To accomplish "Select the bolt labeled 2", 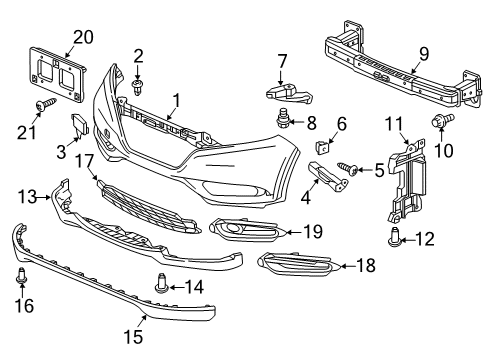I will coord(137,87).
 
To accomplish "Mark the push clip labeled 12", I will coord(392,237).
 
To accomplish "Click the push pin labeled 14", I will coord(161,286).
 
